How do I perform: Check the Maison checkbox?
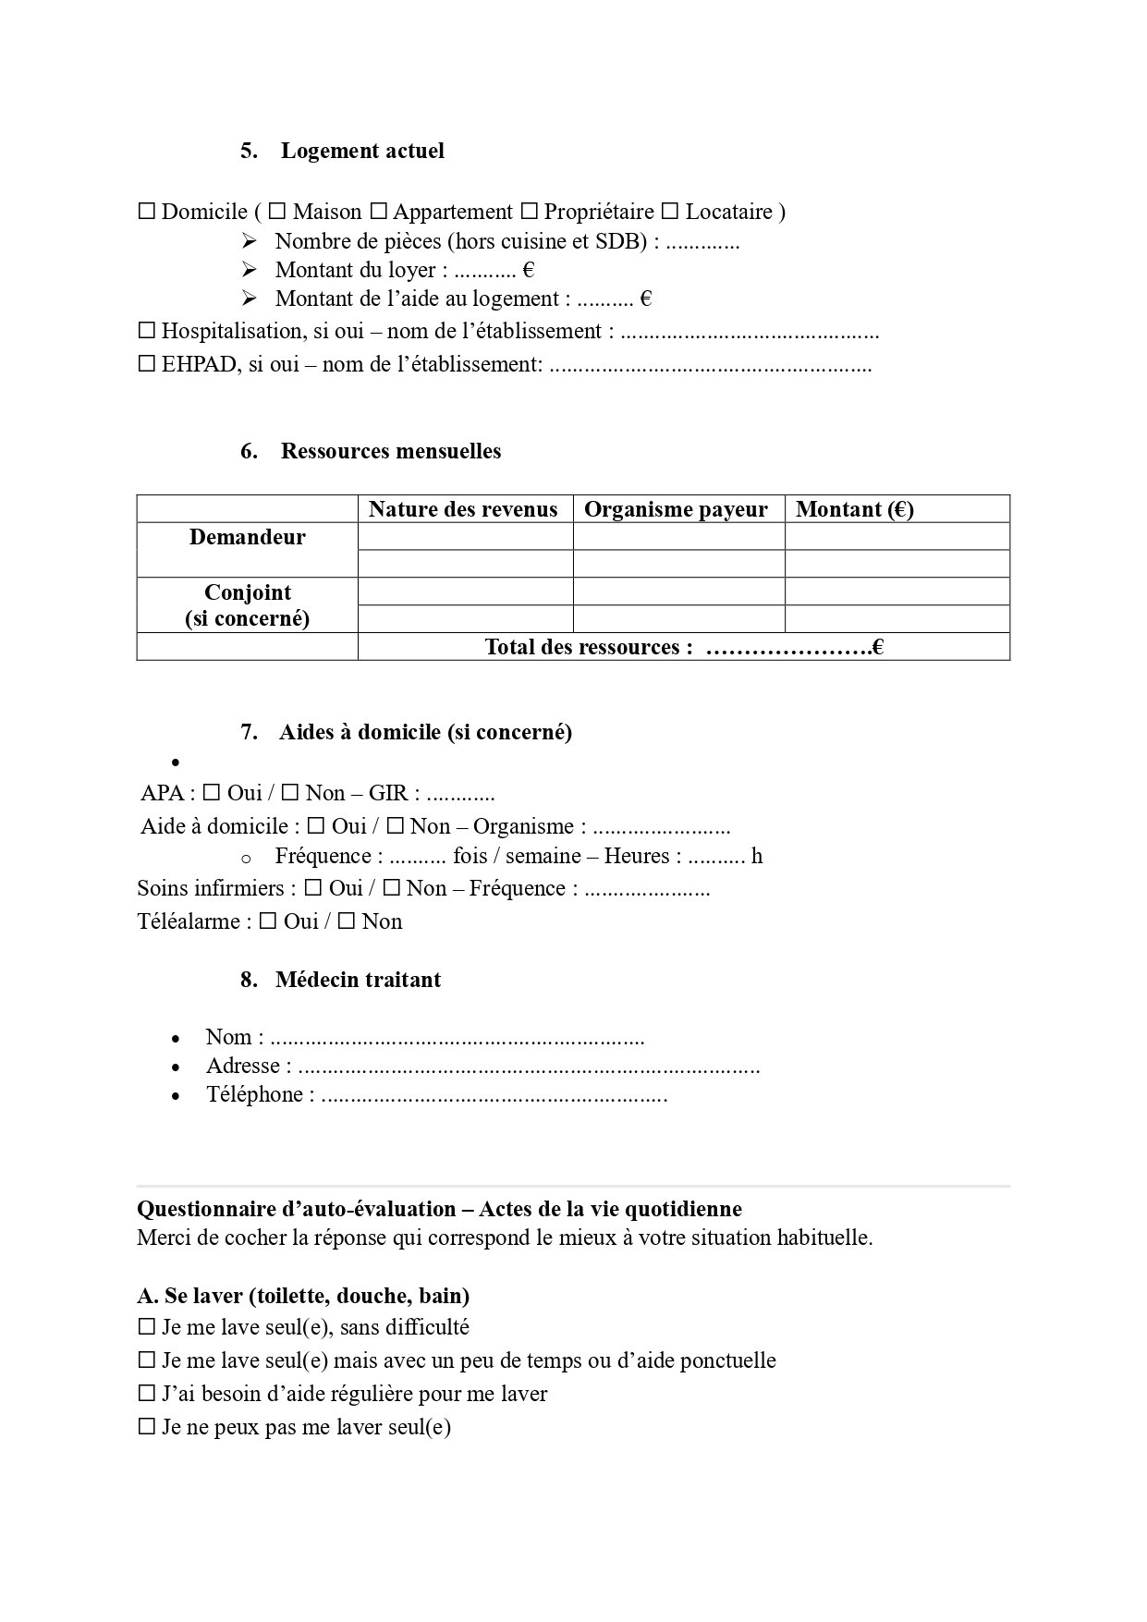pyautogui.click(x=277, y=212)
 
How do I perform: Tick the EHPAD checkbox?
pyautogui.click(x=146, y=363)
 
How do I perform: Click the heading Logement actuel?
pyautogui.click(x=362, y=151)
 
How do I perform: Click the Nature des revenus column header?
pyautogui.click(x=463, y=509)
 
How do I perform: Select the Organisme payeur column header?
pyautogui.click(x=677, y=509)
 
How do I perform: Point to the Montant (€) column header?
pyautogui.click(x=855, y=509)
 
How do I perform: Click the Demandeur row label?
pyautogui.click(x=247, y=537)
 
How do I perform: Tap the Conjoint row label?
pyautogui.click(x=247, y=592)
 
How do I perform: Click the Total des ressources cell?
pyautogui.click(x=684, y=647)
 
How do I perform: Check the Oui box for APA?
pyautogui.click(x=212, y=792)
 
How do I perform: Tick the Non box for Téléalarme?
pyautogui.click(x=347, y=921)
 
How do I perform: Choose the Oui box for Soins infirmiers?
pyautogui.click(x=313, y=887)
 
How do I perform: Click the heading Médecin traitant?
pyautogui.click(x=358, y=980)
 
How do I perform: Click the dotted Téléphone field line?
pyautogui.click(x=494, y=1096)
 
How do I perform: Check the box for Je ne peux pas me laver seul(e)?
pyautogui.click(x=146, y=1426)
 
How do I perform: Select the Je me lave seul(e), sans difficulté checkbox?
pyautogui.click(x=146, y=1326)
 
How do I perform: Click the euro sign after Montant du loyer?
pyautogui.click(x=529, y=271)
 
